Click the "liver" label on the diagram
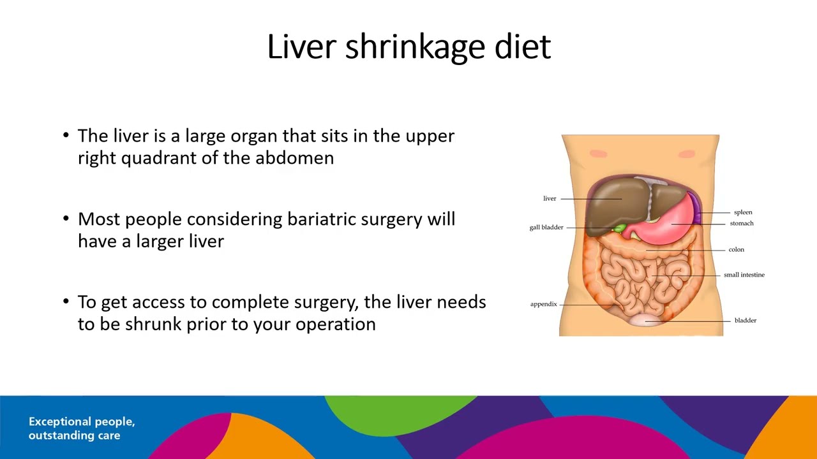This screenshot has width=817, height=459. tap(550, 198)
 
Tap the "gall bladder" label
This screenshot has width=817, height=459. tap(546, 228)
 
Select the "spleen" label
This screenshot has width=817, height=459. tap(743, 212)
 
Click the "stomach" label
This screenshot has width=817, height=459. tap(742, 224)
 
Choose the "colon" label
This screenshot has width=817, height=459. tap(736, 250)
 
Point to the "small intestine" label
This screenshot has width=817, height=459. tap(744, 275)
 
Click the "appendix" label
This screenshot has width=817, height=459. tap(544, 304)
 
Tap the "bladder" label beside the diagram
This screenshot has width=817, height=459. tap(745, 321)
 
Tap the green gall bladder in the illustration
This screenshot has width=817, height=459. tap(618, 228)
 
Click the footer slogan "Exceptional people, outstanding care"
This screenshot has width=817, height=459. tap(82, 428)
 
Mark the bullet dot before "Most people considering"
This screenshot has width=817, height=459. tap(66, 219)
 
